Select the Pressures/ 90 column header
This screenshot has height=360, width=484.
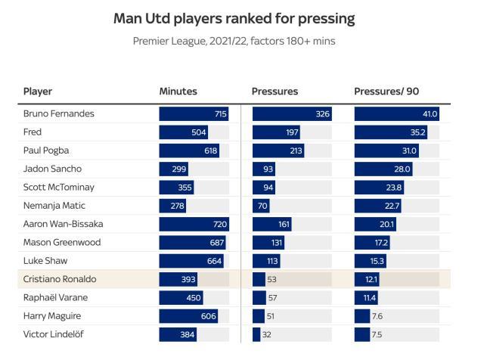point(386,92)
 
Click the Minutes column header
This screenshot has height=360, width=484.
point(178,92)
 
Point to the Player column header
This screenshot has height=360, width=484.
point(38,92)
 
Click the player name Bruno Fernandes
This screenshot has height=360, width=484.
point(59,113)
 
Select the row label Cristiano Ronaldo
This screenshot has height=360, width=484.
point(59,279)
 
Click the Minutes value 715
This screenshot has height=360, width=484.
point(220,114)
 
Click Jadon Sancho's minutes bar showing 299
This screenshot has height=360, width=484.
point(174,169)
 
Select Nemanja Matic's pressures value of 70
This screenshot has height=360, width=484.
point(263,206)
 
